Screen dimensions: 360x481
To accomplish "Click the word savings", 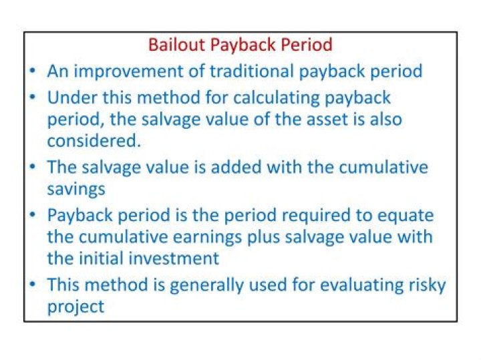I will (x=75, y=189).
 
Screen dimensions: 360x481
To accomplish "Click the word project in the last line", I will (x=75, y=307).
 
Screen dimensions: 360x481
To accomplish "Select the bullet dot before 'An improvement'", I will (x=33, y=70).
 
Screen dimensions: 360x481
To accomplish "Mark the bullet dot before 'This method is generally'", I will (x=33, y=284).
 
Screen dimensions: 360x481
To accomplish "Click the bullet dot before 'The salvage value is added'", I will (x=33, y=166).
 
